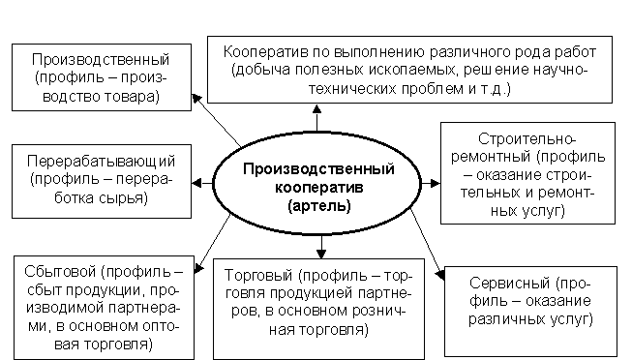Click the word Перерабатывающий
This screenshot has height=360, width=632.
click(102, 162)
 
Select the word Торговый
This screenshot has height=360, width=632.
click(258, 276)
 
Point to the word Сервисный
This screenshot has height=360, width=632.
click(509, 283)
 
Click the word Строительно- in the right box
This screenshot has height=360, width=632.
click(527, 139)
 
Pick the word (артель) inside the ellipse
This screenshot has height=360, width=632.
click(319, 206)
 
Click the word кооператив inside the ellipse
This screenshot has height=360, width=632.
click(318, 188)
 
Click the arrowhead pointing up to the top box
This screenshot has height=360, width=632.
click(317, 108)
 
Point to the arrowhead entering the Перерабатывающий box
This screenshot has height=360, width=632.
click(196, 184)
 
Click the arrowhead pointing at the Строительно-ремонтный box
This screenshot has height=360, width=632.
click(436, 184)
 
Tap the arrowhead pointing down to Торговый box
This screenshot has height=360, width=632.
click(321, 254)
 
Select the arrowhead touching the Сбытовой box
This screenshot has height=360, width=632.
click(198, 268)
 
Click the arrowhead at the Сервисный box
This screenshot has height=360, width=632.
click(440, 275)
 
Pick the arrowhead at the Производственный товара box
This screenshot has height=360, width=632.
click(196, 99)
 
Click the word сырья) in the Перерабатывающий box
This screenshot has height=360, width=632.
click(126, 198)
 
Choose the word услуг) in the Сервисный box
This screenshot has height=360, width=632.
click(572, 319)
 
